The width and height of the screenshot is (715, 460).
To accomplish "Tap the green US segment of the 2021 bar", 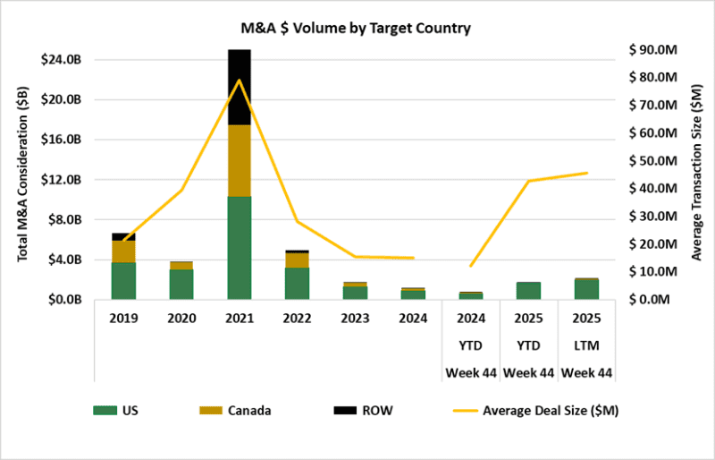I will point(239,247).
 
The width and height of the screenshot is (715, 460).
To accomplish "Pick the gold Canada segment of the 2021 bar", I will point(239,160).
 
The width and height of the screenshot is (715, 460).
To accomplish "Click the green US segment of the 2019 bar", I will point(123,280).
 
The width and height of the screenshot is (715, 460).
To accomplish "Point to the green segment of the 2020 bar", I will point(181,284).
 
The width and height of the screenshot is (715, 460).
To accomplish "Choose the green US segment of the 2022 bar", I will point(297,283).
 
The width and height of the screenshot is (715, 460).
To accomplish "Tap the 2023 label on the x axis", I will point(355,317).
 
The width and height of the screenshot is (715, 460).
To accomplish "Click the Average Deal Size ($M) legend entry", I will point(527,411).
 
